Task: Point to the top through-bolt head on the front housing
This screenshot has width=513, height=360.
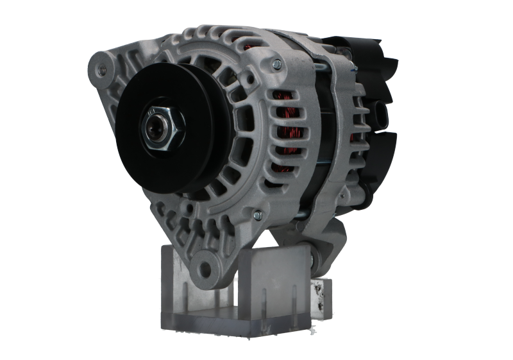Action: tap(276, 64)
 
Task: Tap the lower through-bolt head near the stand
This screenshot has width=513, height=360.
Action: tap(257, 214)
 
